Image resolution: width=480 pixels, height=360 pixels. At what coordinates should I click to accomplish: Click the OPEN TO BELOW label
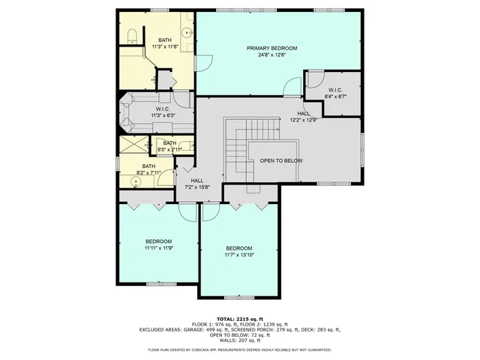(281, 160)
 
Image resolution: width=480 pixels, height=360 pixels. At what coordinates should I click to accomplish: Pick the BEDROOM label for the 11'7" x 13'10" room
(238, 248)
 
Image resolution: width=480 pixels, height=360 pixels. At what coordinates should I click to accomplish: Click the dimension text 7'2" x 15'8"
(197, 187)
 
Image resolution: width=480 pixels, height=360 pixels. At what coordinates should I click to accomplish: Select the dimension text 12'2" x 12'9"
(303, 119)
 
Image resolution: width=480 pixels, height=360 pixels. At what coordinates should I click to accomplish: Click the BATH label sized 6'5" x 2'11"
(169, 143)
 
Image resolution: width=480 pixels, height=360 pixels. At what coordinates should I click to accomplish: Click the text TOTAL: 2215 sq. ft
(240, 317)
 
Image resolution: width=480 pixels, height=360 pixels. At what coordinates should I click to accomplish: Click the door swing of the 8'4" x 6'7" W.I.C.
(316, 78)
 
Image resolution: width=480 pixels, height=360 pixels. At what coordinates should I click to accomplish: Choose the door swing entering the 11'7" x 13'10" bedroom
(210, 212)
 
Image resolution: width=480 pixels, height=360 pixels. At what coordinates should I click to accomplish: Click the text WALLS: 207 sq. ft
(240, 340)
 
